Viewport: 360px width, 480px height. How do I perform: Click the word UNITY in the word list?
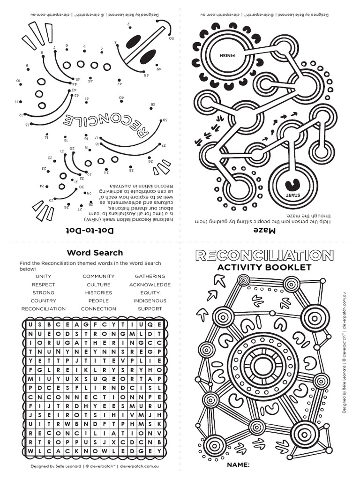(x=43, y=277)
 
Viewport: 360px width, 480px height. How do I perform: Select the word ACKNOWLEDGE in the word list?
(x=150, y=285)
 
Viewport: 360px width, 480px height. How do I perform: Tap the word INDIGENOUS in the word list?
(x=150, y=300)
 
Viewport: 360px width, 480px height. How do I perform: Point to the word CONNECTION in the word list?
(x=98, y=309)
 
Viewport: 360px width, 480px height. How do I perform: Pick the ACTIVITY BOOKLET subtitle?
(x=264, y=268)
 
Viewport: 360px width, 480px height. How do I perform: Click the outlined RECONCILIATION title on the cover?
(x=264, y=255)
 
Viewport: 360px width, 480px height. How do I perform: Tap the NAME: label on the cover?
(x=238, y=465)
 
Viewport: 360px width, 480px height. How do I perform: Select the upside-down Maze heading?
(x=263, y=230)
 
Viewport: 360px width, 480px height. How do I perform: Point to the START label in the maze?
(x=287, y=194)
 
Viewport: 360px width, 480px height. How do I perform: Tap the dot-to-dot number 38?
(x=165, y=120)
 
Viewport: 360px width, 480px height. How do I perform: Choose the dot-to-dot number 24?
(x=42, y=187)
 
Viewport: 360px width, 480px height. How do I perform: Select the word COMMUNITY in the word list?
(x=98, y=277)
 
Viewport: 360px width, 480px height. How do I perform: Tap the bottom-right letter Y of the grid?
(x=160, y=451)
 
